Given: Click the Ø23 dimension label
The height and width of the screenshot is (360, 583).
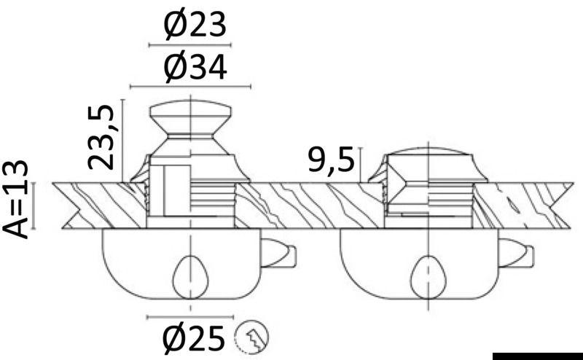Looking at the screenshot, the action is pyautogui.click(x=195, y=26).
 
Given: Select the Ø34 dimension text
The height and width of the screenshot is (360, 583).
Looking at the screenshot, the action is pyautogui.click(x=195, y=68).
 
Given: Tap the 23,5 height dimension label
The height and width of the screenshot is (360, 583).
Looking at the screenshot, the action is pyautogui.click(x=101, y=136).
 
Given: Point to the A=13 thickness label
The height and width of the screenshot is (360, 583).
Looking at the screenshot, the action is pyautogui.click(x=15, y=200).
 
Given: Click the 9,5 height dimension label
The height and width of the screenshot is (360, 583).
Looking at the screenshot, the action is pyautogui.click(x=332, y=160).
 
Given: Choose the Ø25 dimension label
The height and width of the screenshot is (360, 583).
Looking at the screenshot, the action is pyautogui.click(x=194, y=338).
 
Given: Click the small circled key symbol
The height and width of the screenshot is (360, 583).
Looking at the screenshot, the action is pyautogui.click(x=251, y=337).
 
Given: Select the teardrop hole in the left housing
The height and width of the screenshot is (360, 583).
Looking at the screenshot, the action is pyautogui.click(x=191, y=277).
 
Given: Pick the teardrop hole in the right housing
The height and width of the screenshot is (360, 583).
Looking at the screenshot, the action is pyautogui.click(x=429, y=277).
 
